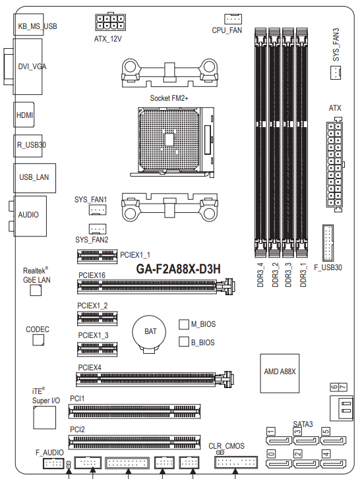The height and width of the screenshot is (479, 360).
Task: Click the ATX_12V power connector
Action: tap(110, 22)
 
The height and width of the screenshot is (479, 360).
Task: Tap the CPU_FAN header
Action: tap(233, 19)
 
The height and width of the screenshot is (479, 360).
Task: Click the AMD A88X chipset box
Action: tap(280, 374)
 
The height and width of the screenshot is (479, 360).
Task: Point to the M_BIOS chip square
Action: tap(184, 324)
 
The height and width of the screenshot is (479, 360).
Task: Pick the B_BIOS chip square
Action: tap(184, 341)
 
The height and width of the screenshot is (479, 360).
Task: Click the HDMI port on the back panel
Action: tap(24, 115)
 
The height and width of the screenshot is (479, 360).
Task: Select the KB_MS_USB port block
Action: tap(28, 24)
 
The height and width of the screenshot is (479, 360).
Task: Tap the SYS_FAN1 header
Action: tap(98, 210)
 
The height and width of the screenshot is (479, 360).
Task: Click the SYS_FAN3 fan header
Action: tap(336, 73)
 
